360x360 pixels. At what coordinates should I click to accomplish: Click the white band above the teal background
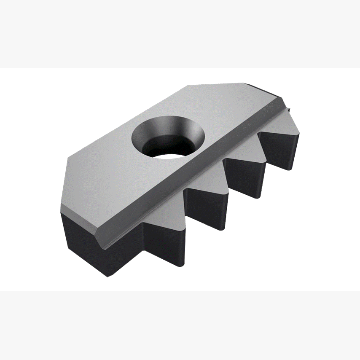point(180,34)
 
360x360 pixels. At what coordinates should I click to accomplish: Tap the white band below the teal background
point(180,325)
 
